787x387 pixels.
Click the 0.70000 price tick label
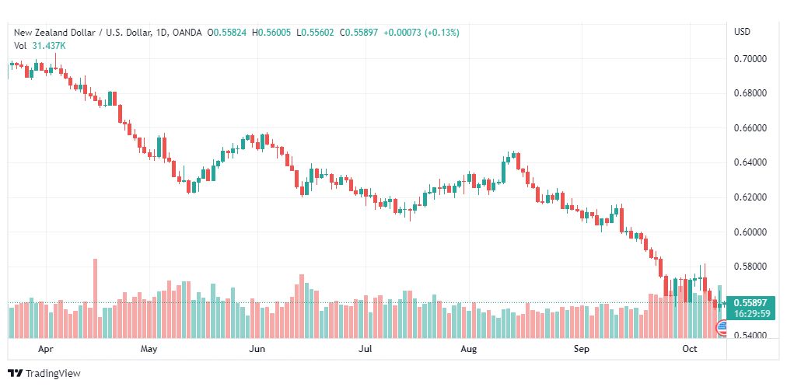click(750, 59)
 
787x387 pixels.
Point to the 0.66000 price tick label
click(750, 128)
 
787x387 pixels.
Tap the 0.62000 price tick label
click(750, 197)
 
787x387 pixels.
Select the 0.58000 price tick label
click(750, 267)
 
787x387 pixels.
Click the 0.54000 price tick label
click(750, 336)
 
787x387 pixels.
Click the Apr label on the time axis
click(45, 350)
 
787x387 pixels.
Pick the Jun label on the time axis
click(257, 350)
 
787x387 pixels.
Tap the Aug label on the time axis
click(468, 350)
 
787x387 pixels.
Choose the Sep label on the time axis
click(582, 350)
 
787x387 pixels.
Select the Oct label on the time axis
click(690, 350)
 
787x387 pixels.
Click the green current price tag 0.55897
click(750, 302)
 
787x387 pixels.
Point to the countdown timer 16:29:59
click(750, 313)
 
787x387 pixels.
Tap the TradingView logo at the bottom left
click(44, 373)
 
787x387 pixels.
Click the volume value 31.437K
click(49, 45)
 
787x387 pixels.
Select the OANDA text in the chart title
click(187, 33)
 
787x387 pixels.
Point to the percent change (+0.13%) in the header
click(441, 33)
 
